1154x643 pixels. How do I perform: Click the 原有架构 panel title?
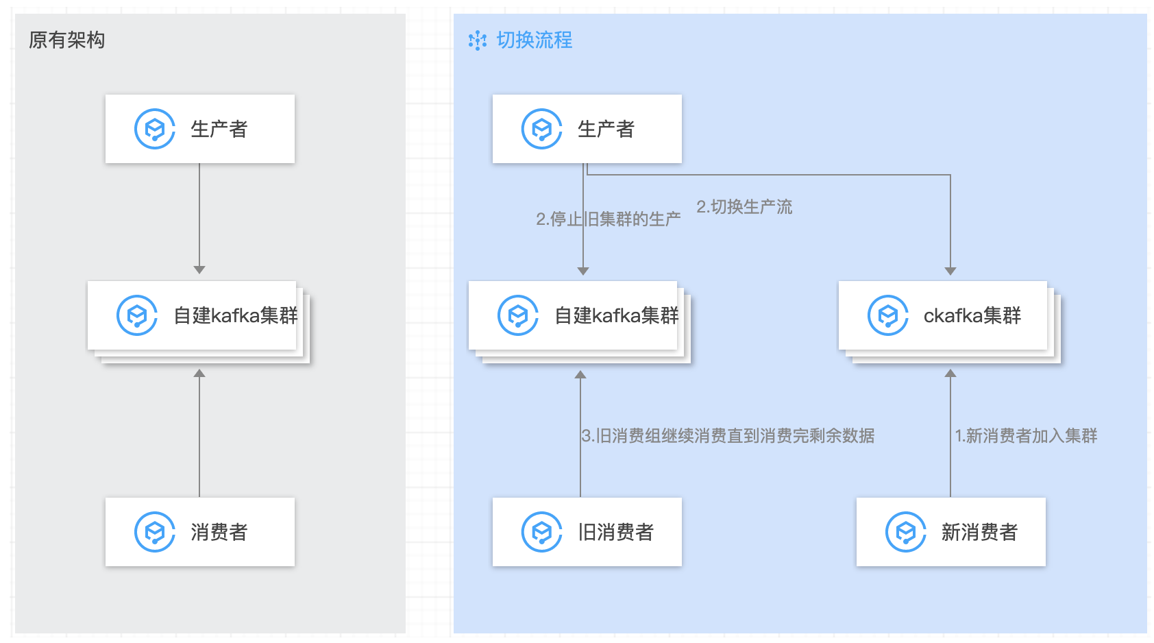click(x=66, y=40)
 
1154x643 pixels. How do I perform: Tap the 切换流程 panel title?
click(x=534, y=40)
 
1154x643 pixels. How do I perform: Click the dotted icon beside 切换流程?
click(x=477, y=40)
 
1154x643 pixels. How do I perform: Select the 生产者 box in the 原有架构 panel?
click(x=199, y=129)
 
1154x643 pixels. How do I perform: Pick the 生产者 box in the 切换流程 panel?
click(x=587, y=129)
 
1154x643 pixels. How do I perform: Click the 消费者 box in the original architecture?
click(x=199, y=532)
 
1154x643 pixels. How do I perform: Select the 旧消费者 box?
click(x=587, y=532)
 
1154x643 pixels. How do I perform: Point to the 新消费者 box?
click(x=950, y=532)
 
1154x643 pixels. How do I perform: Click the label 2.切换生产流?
click(x=744, y=207)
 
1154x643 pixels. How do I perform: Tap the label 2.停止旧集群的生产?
click(x=609, y=219)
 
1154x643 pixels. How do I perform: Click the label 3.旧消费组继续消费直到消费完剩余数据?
click(x=728, y=436)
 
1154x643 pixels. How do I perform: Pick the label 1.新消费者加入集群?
click(x=1026, y=436)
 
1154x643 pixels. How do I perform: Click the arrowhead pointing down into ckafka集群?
click(x=950, y=271)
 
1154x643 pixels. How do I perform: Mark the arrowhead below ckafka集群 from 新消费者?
click(x=950, y=374)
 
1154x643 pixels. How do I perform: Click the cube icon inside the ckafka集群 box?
click(x=888, y=315)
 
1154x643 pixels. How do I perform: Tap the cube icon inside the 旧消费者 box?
click(x=542, y=532)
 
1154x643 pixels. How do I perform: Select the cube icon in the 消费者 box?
click(x=155, y=532)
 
